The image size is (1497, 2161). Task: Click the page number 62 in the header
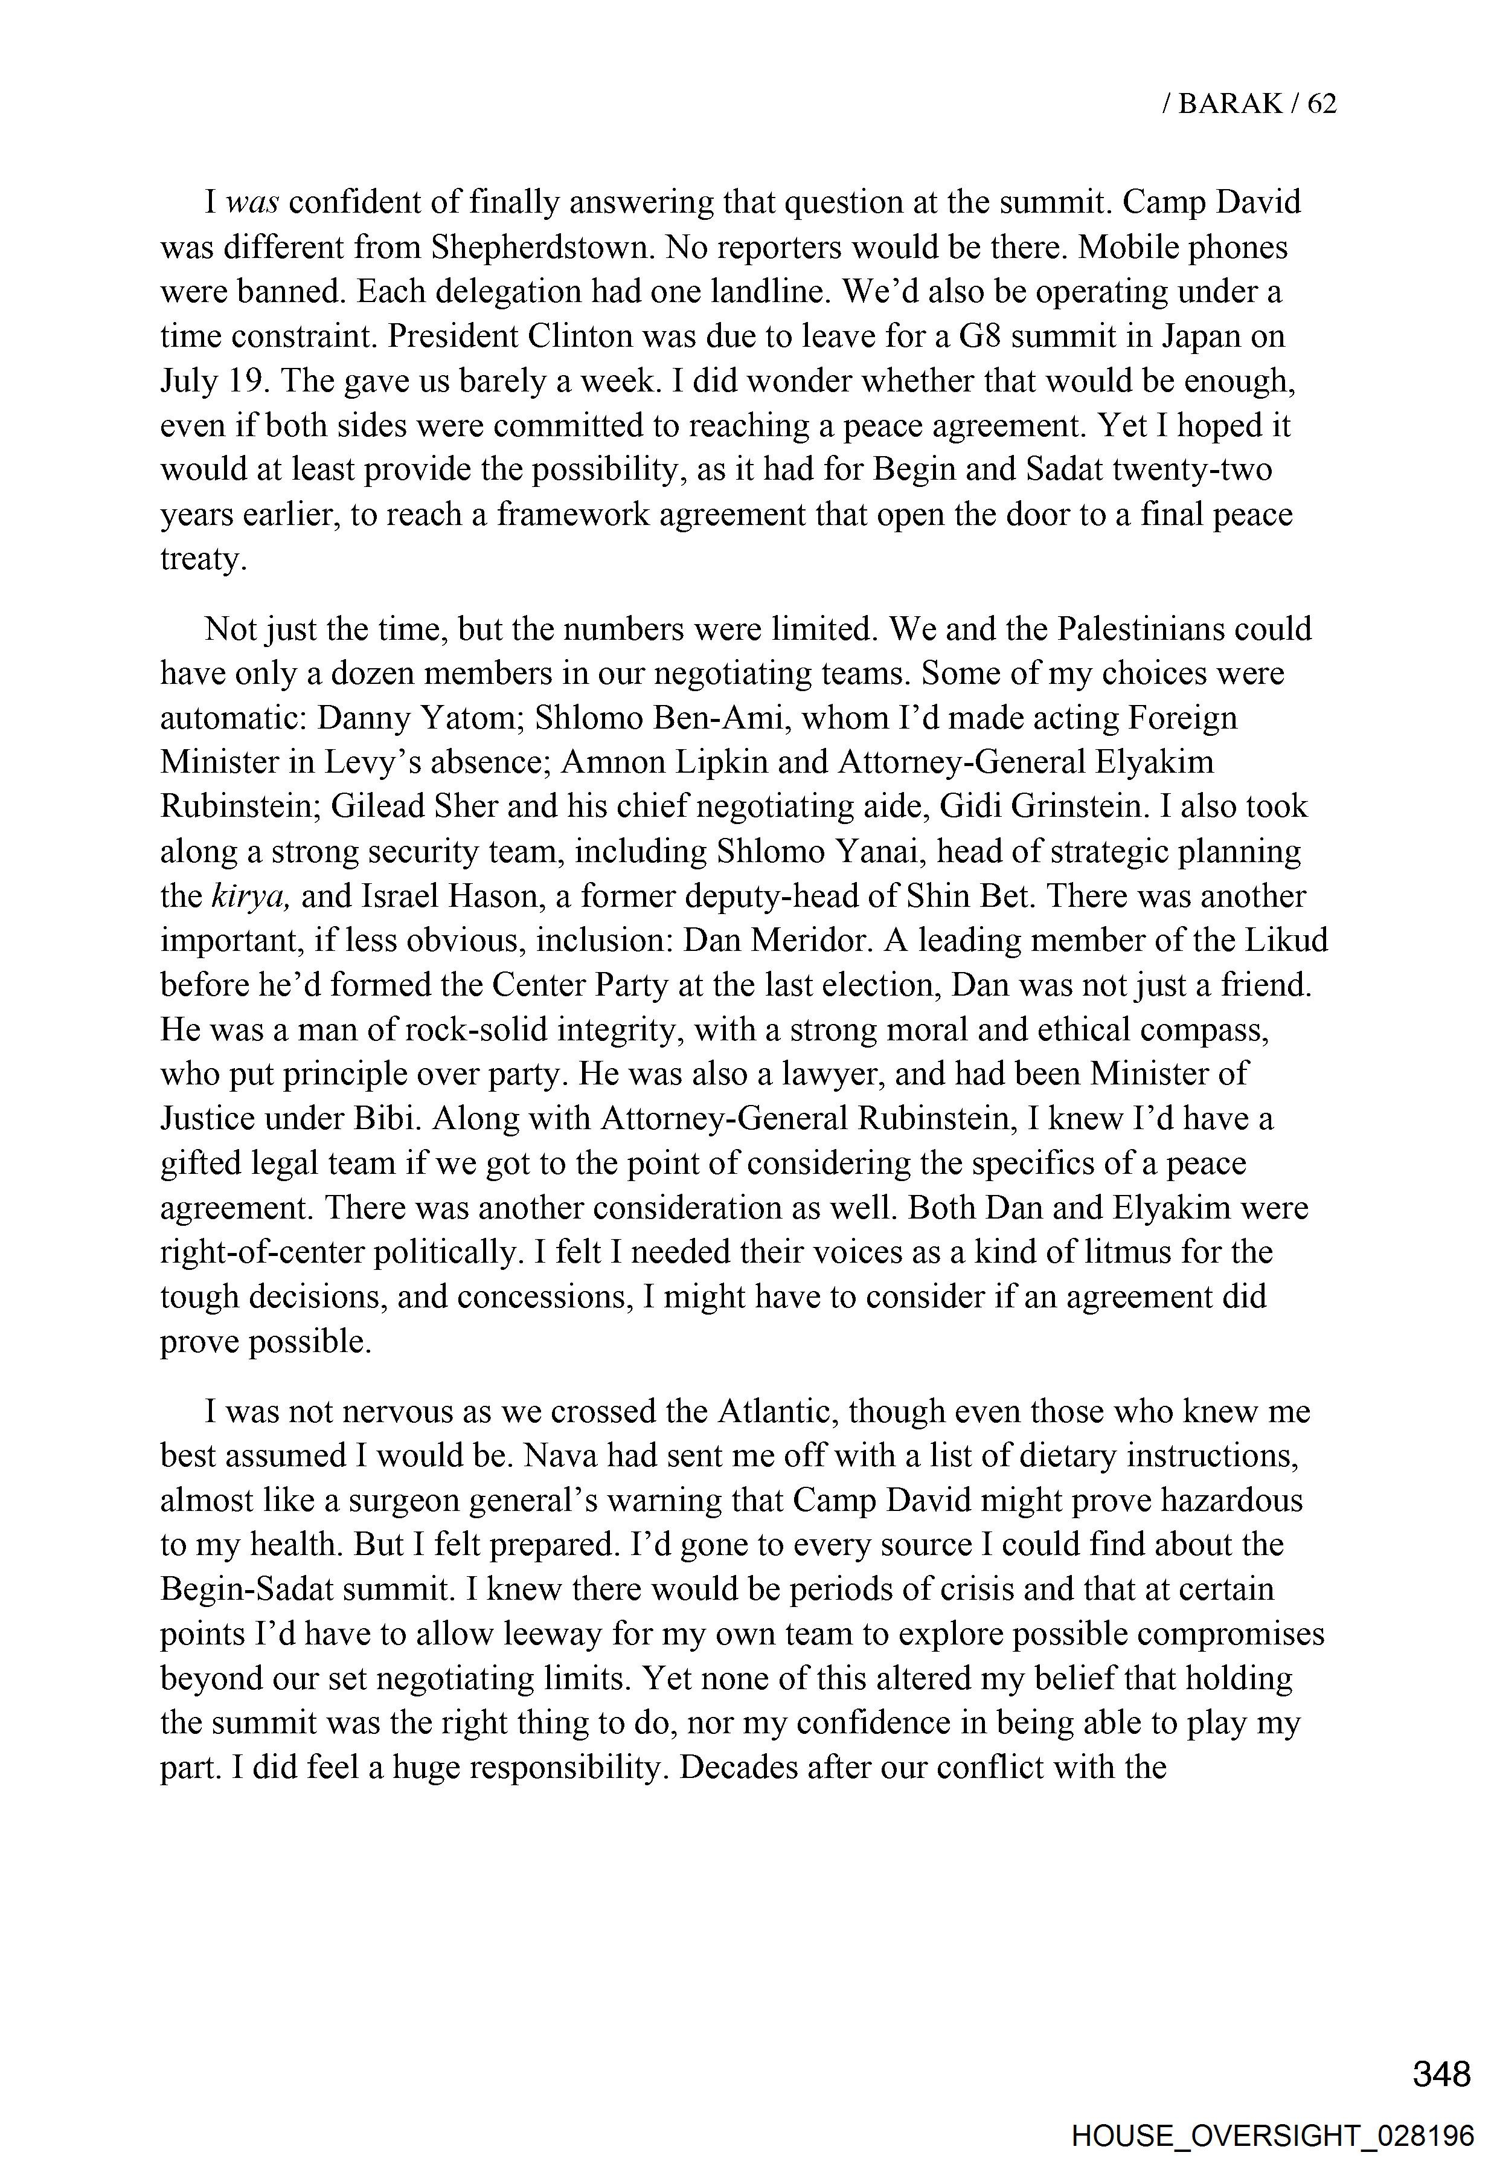tap(1321, 103)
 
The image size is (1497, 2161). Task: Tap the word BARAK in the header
tap(1229, 103)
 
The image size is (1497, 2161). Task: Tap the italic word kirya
tap(249, 896)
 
